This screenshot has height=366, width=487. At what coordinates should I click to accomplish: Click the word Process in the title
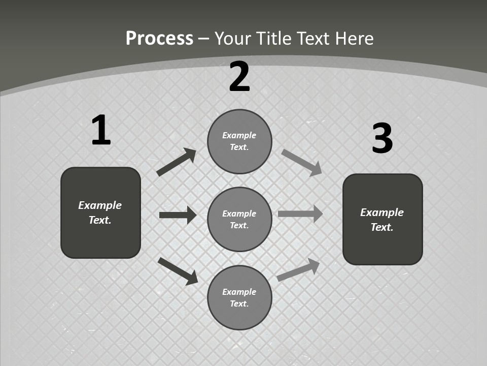(x=159, y=39)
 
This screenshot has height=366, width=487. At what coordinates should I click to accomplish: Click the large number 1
(x=101, y=131)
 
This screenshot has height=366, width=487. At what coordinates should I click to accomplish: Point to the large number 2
(x=239, y=77)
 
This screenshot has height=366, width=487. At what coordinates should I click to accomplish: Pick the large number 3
(x=382, y=138)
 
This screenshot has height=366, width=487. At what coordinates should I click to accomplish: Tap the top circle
(x=239, y=141)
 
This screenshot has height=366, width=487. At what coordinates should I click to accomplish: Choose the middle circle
(x=239, y=219)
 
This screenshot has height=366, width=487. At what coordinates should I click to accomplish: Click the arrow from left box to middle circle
(x=178, y=215)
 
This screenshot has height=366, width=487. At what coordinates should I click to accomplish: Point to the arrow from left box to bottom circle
(x=178, y=271)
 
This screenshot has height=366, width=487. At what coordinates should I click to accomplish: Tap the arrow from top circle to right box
(x=302, y=162)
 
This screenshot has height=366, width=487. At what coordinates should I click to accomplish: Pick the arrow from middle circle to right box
(x=300, y=214)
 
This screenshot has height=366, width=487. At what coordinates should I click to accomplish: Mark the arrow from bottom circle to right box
(x=298, y=270)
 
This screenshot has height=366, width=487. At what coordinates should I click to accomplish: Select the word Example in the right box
(x=382, y=212)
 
